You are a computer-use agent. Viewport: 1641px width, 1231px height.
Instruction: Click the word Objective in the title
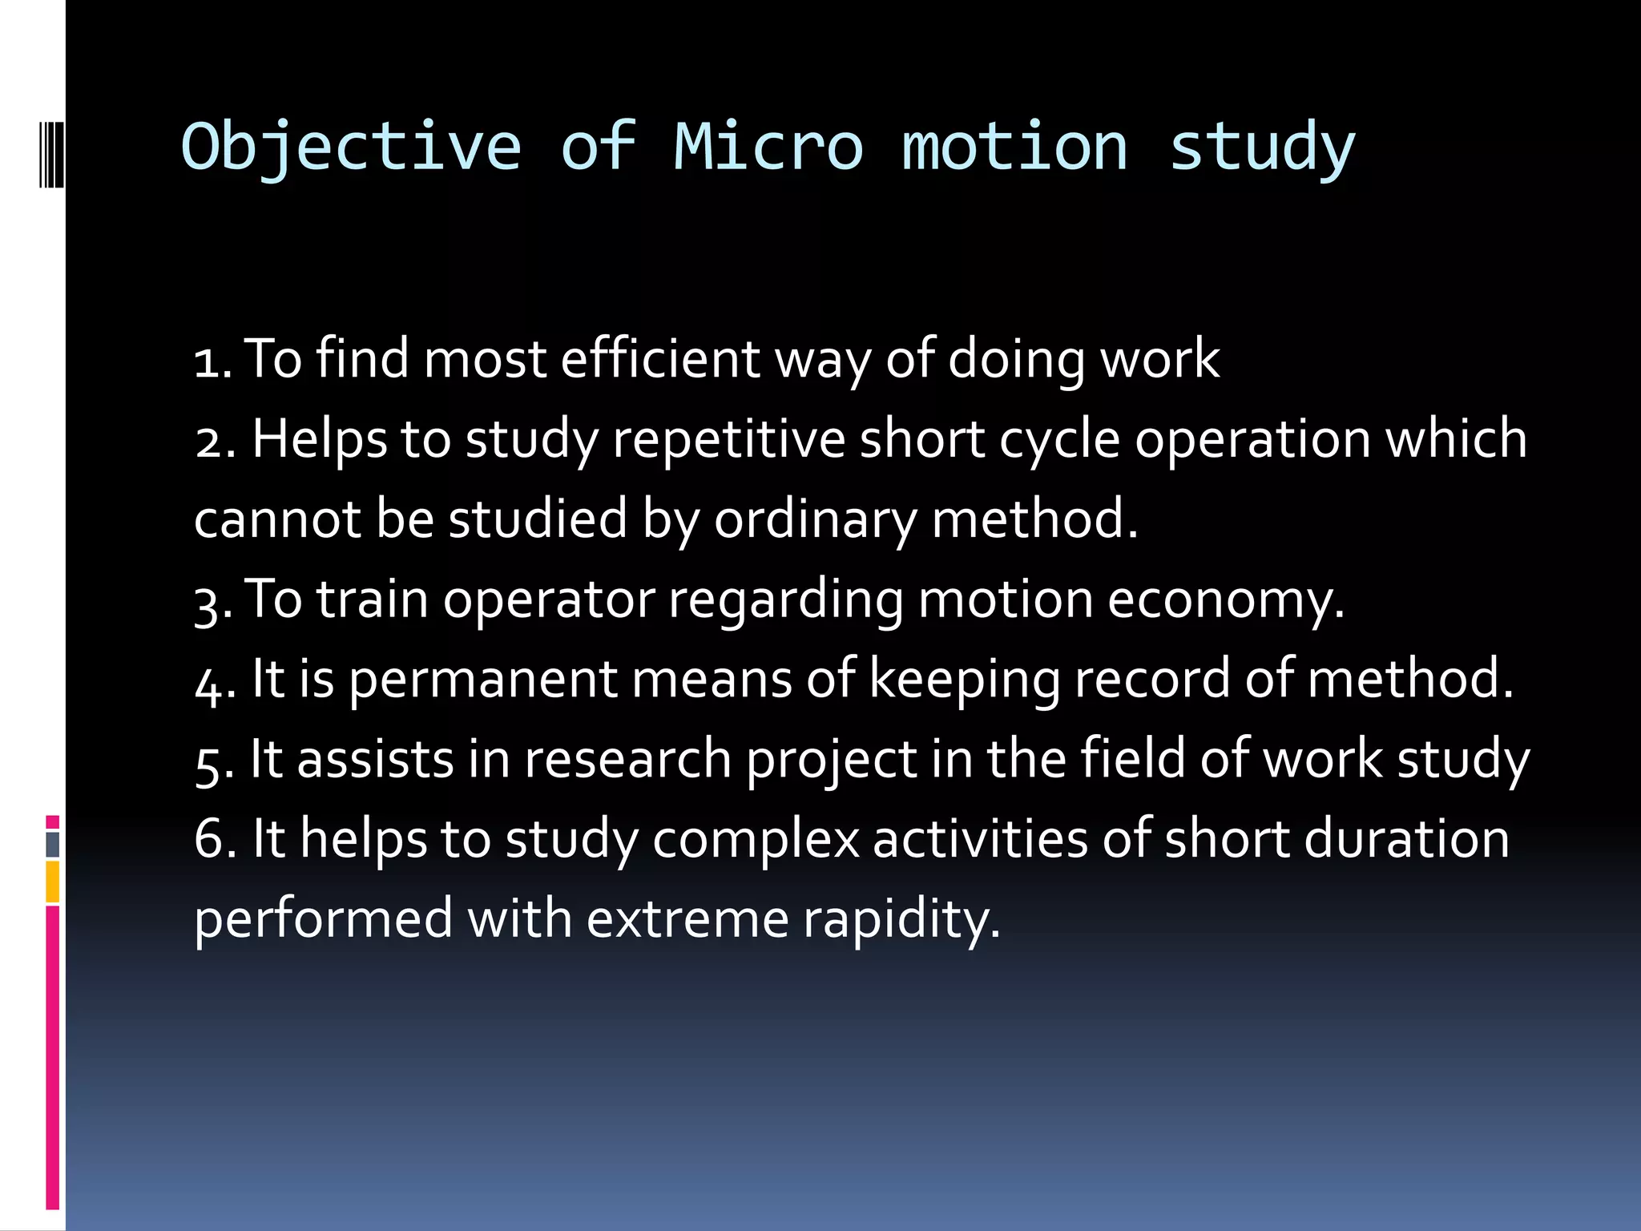351,147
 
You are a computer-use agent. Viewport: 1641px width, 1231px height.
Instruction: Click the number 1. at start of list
212,361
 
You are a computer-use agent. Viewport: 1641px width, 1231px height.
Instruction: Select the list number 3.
212,602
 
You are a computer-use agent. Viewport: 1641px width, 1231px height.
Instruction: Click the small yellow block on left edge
52,882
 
